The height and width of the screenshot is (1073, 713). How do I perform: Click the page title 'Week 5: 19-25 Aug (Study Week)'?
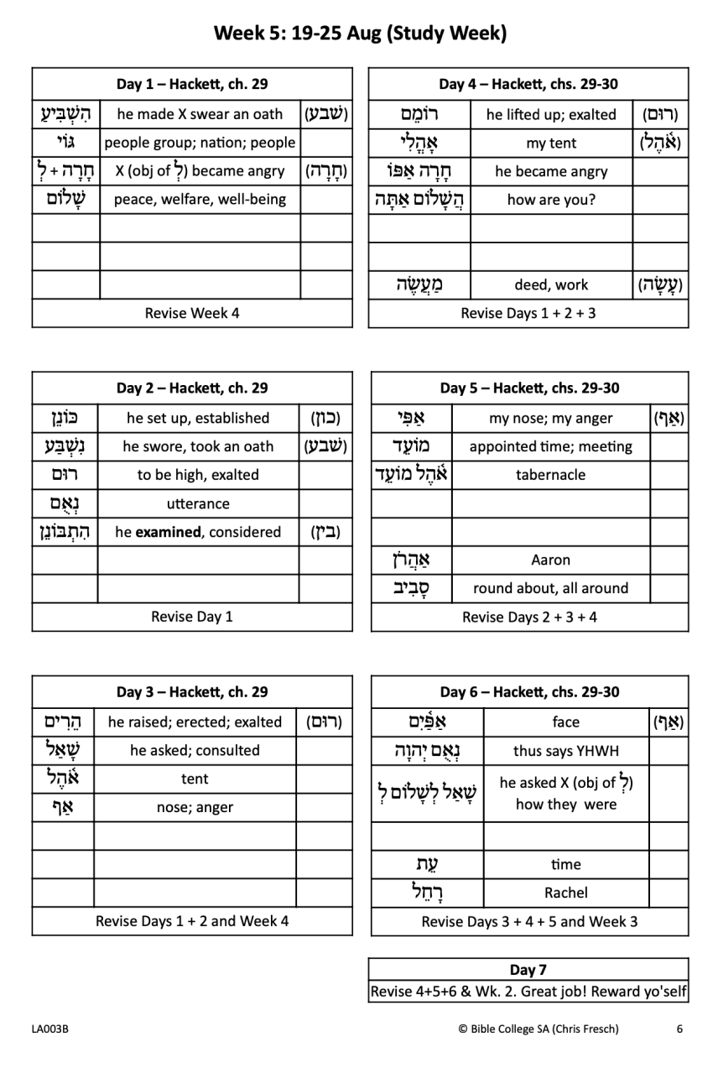click(360, 34)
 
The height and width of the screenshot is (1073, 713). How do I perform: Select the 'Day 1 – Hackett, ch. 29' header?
click(192, 84)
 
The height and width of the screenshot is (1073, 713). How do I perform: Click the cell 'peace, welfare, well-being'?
click(200, 200)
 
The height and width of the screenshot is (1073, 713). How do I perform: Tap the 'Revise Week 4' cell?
click(192, 313)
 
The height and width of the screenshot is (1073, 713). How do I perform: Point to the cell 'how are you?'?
click(551, 200)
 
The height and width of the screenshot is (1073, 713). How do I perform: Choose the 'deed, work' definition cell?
click(551, 285)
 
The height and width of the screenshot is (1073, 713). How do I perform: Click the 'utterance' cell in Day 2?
click(198, 503)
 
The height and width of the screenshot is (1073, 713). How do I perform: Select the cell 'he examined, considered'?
click(198, 532)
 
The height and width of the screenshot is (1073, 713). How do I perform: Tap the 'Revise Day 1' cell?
click(192, 617)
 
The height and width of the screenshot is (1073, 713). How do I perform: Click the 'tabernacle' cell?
click(550, 475)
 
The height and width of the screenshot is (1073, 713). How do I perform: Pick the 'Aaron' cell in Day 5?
click(550, 560)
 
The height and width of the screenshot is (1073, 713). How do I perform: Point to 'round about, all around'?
click(550, 588)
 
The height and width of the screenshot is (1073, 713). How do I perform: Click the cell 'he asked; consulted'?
click(195, 750)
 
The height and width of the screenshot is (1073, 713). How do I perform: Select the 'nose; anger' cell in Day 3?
click(195, 807)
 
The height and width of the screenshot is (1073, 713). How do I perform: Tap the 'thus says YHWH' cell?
click(566, 751)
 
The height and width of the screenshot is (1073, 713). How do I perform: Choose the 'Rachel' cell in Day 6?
click(566, 893)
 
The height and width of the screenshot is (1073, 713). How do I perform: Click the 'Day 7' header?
click(528, 970)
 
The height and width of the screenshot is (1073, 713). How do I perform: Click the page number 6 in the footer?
click(679, 1029)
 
